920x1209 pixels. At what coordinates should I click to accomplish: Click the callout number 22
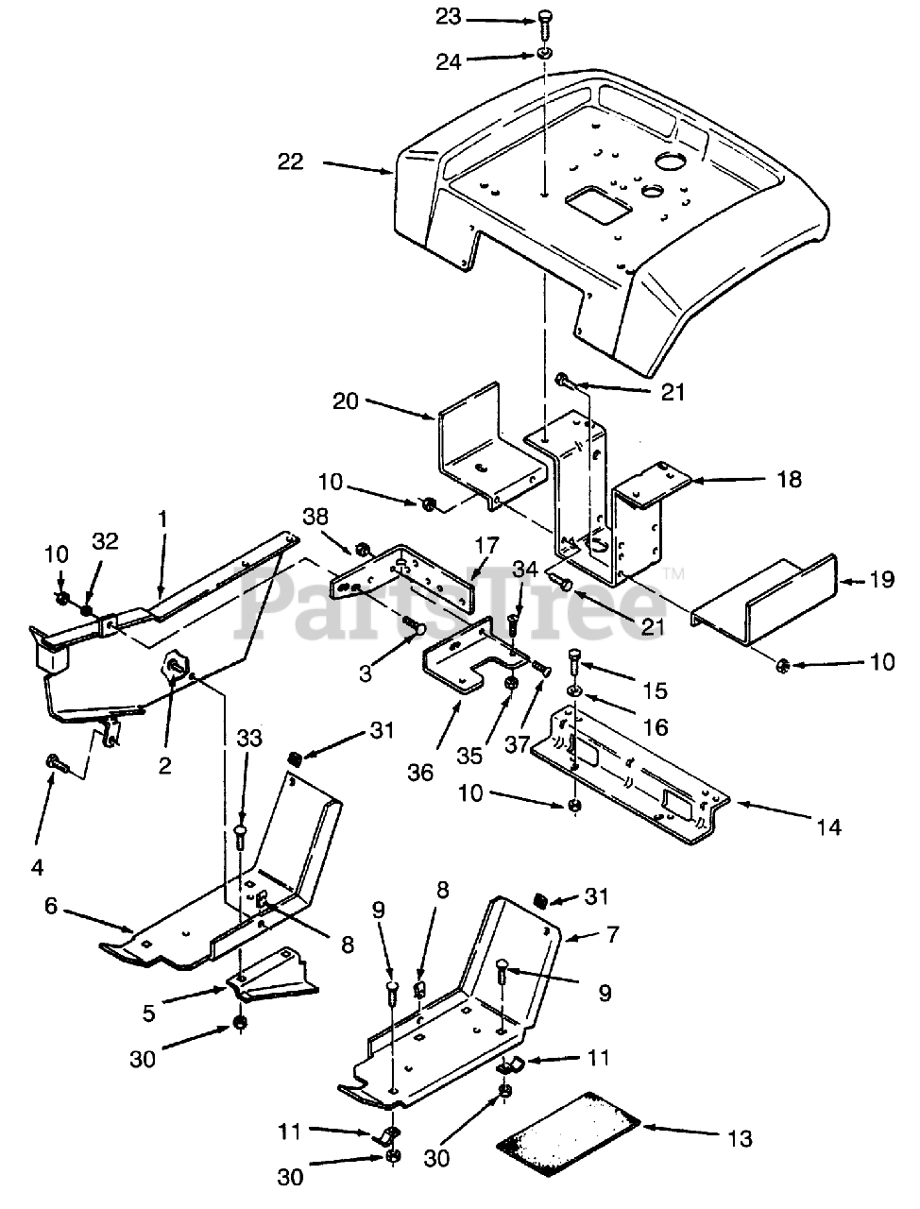tap(290, 162)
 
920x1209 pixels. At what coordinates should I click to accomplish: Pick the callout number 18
tap(790, 480)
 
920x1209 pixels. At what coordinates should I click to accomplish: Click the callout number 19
tap(881, 580)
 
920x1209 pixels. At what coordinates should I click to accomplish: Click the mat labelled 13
tap(570, 1132)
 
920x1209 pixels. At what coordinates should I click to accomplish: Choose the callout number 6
tap(51, 906)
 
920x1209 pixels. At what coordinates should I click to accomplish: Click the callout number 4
tap(38, 839)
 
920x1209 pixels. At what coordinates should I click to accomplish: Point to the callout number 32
tap(106, 540)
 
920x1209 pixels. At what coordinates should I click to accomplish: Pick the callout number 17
tap(486, 545)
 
